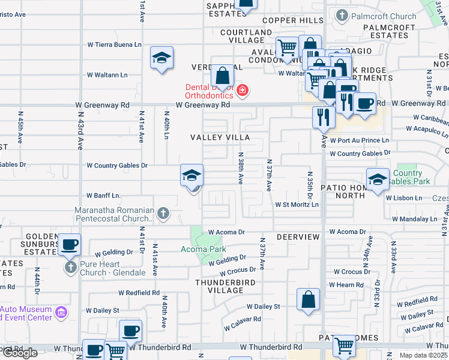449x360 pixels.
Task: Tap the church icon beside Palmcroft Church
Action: (342, 16)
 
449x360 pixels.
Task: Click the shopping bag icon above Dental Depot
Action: (222, 76)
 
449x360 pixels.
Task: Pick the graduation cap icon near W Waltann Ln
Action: (161, 58)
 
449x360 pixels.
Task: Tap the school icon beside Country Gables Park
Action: (378, 179)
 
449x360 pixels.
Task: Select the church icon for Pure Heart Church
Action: (70, 267)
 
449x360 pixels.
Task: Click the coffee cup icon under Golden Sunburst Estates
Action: (70, 245)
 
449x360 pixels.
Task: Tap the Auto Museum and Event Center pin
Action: (60, 312)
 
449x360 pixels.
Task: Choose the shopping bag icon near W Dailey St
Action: (308, 299)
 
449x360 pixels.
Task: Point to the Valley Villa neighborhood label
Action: (220, 137)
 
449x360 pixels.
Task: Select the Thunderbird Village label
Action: (218, 286)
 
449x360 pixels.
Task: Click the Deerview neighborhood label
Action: (298, 237)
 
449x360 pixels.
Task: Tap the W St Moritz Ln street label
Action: (297, 205)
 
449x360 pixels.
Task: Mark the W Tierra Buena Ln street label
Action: (114, 44)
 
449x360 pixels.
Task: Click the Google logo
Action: (20, 353)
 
